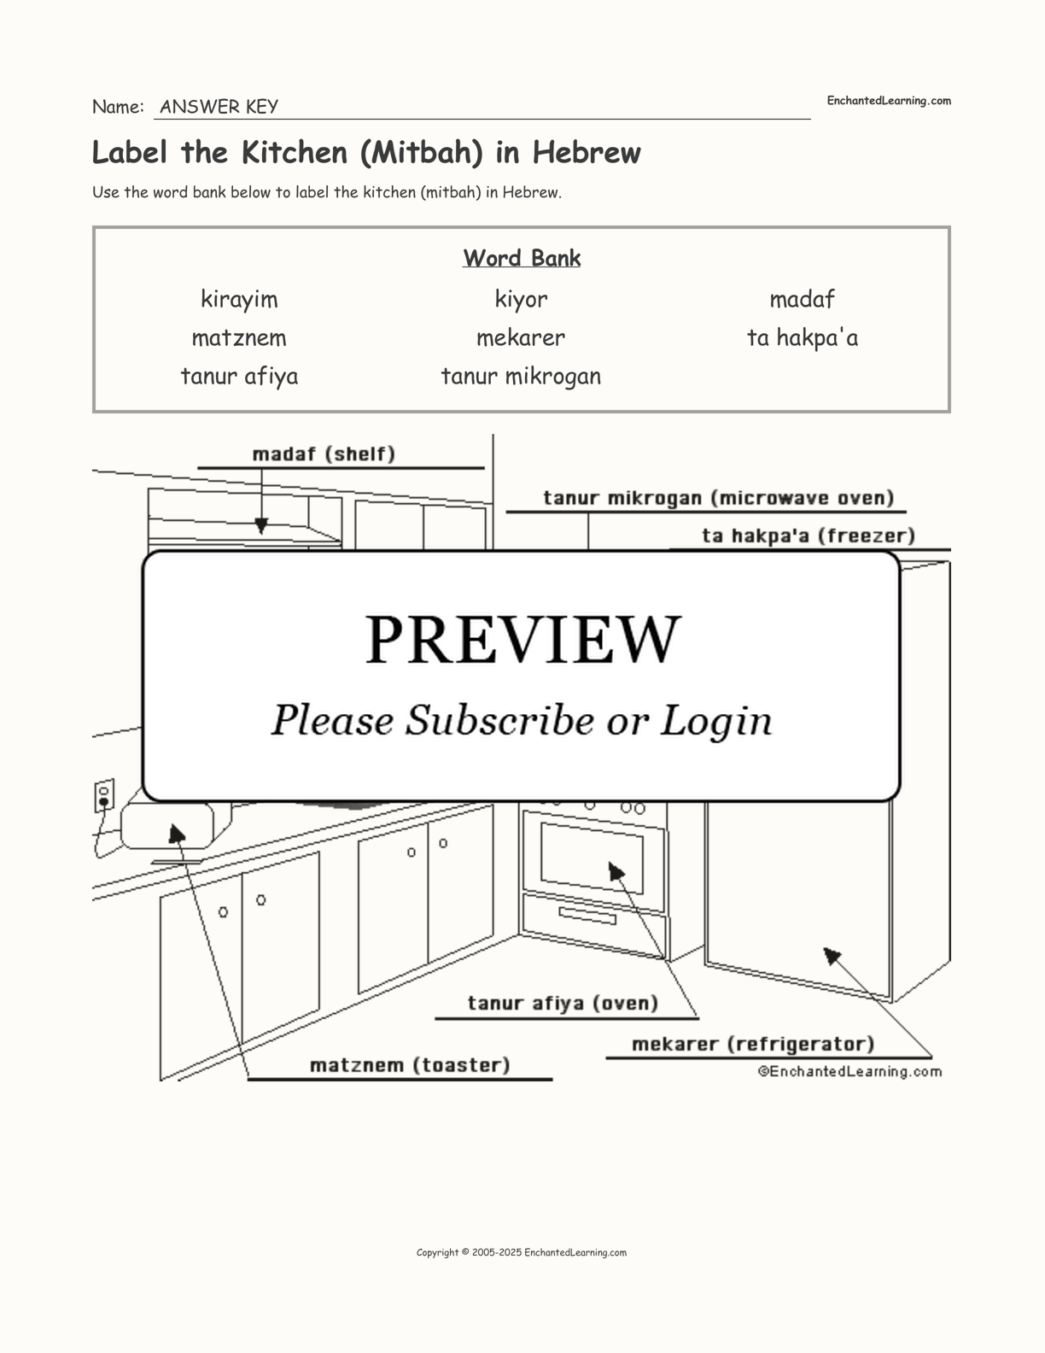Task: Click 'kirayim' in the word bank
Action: pos(239,299)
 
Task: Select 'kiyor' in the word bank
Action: pos(521,299)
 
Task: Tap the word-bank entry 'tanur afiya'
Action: pos(239,376)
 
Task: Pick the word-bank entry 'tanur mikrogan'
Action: pos(521,376)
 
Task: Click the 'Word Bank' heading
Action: pos(522,258)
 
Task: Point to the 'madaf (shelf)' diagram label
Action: pos(324,454)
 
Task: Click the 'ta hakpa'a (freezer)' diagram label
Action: pos(808,536)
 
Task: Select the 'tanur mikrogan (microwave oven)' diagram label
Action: pos(718,497)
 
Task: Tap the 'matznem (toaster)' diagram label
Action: pos(410,1064)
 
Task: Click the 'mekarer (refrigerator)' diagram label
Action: pos(753,1043)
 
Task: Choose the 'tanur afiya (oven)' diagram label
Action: pos(563,1002)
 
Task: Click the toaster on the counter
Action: pos(167,825)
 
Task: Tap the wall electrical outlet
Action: pos(104,796)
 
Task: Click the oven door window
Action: pos(592,857)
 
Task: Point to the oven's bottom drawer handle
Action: pos(587,915)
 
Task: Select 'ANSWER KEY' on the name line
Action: pos(219,107)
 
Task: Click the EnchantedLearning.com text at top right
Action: pos(888,101)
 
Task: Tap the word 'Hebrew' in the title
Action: pos(587,152)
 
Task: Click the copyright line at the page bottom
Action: pos(522,1252)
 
